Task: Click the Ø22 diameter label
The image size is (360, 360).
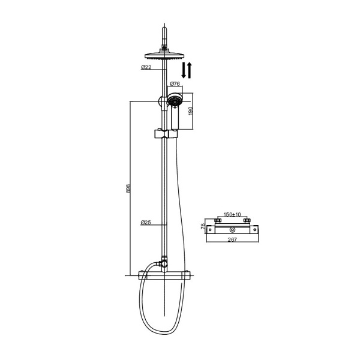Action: point(146,67)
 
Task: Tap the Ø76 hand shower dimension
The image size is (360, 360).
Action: point(175,83)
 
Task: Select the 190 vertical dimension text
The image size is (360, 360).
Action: point(191,111)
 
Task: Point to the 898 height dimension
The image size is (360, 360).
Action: point(128,188)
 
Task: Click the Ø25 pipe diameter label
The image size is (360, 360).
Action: point(146,222)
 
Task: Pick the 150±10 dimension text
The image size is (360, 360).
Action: point(232,214)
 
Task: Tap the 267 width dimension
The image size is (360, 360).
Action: point(232,239)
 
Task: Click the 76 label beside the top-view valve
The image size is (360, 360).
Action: point(203,226)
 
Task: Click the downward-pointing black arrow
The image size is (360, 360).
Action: point(184,70)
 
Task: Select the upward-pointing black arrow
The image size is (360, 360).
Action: point(190,70)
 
